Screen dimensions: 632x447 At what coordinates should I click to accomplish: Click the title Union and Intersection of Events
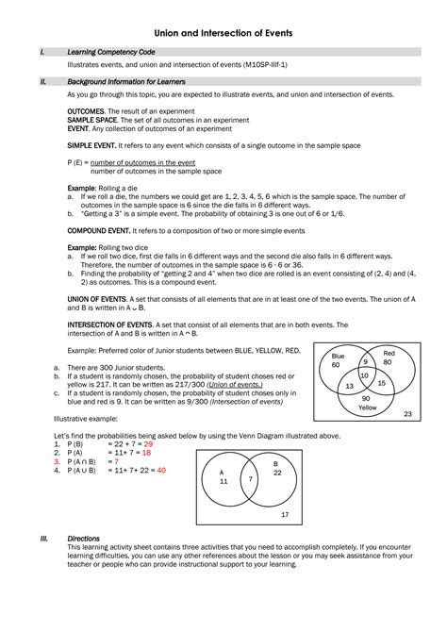pyautogui.click(x=223, y=33)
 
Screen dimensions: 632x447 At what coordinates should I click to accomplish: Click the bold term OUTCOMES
pyautogui.click(x=86, y=110)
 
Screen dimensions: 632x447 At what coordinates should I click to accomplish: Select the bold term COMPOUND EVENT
pyautogui.click(x=98, y=229)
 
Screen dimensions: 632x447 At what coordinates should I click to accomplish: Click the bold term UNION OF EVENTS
pyautogui.click(x=98, y=297)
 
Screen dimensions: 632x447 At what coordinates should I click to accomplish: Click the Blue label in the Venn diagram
pyautogui.click(x=337, y=356)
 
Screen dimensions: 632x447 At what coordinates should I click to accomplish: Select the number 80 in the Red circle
pyautogui.click(x=387, y=361)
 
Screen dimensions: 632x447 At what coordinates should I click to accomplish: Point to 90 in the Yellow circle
pyautogui.click(x=365, y=399)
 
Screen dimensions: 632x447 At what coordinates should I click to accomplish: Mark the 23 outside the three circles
pyautogui.click(x=407, y=415)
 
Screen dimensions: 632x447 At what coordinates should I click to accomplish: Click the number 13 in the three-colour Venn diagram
pyautogui.click(x=349, y=386)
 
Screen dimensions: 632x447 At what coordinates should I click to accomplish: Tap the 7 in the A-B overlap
pyautogui.click(x=251, y=479)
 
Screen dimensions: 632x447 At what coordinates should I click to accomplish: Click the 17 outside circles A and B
pyautogui.click(x=284, y=514)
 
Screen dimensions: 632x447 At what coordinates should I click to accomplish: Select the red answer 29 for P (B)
pyautogui.click(x=147, y=443)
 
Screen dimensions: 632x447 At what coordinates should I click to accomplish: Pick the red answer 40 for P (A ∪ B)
pyautogui.click(x=161, y=469)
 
